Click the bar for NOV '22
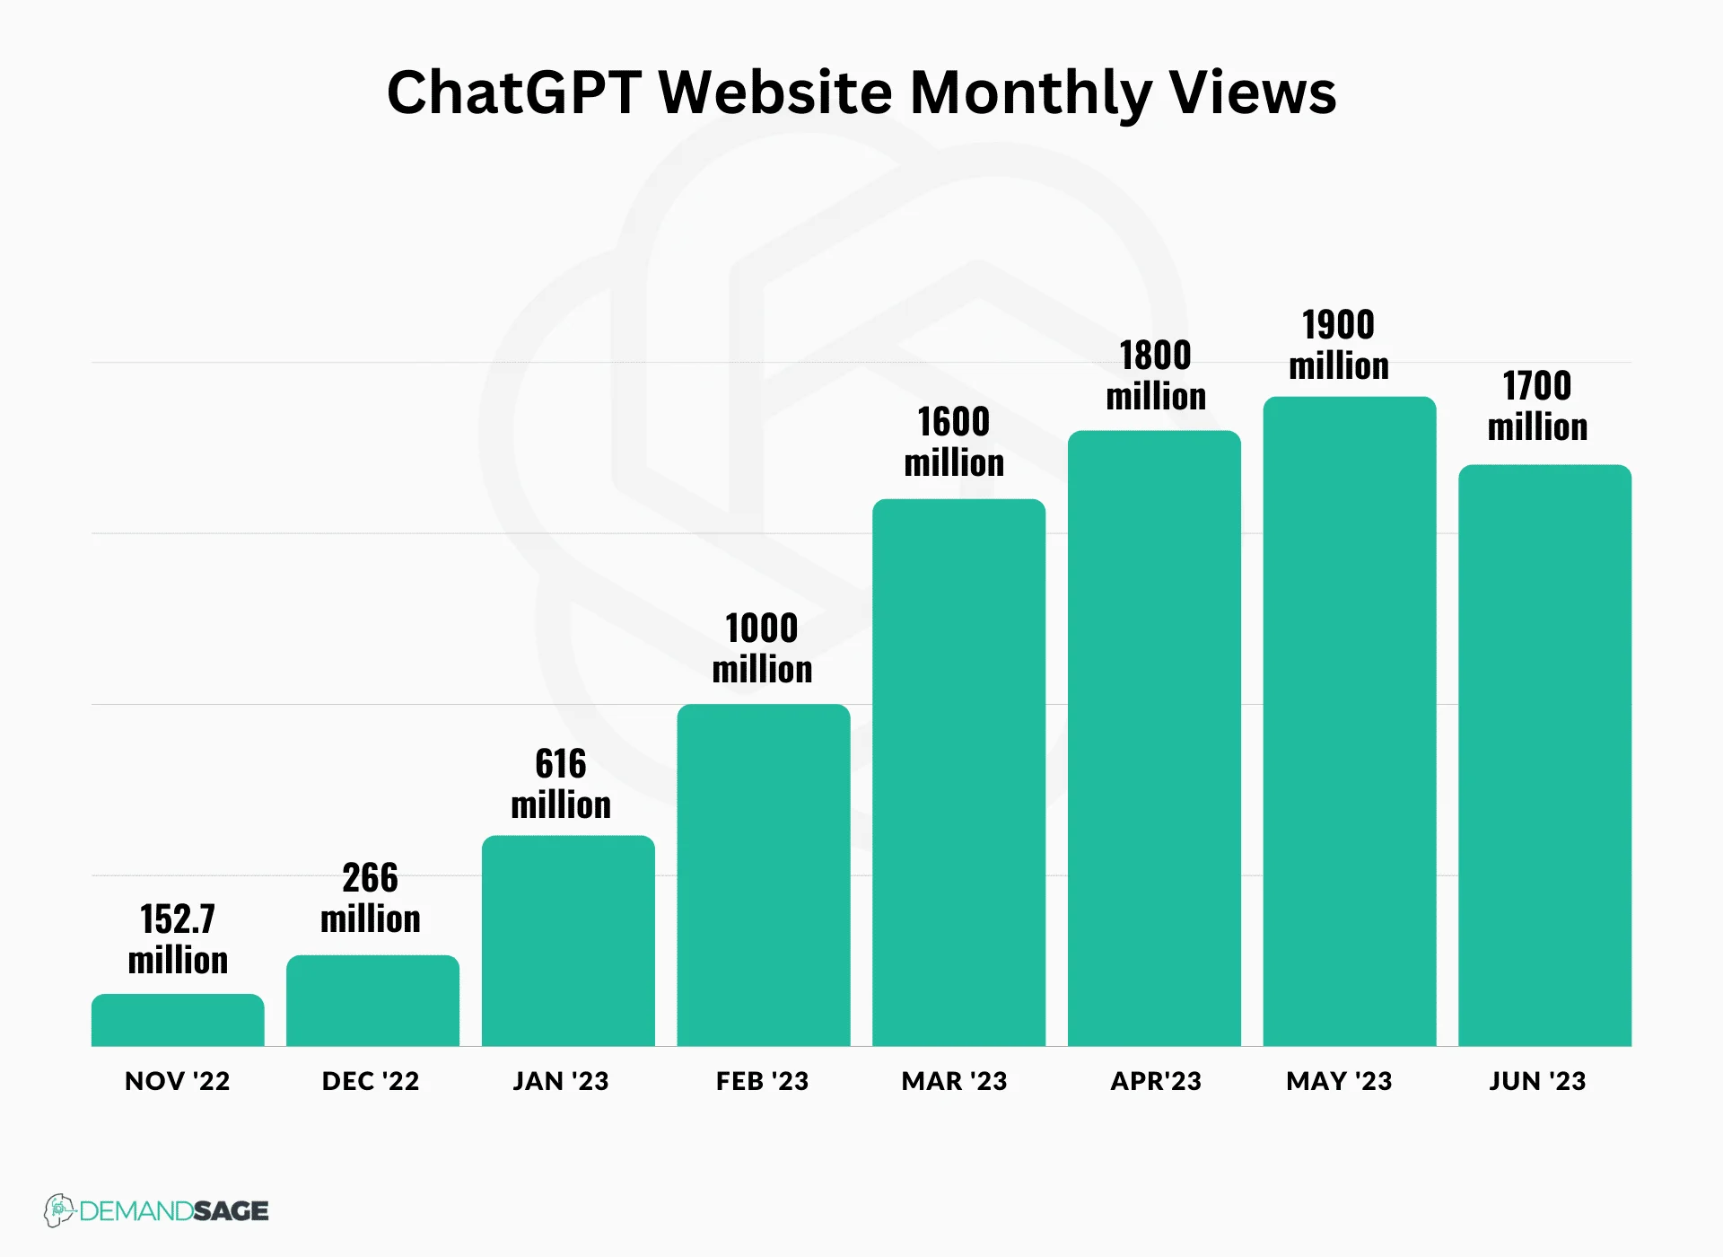pos(178,1021)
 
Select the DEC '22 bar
pos(372,1001)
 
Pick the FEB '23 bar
pos(763,875)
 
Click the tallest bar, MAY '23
pos(1349,722)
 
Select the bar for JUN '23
pos(1544,755)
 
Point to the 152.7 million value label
pos(178,939)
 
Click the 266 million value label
pos(371,898)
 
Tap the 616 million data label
pos(561,784)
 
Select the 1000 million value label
pos(762,648)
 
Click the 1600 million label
pos(954,442)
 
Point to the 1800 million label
pos(1156,375)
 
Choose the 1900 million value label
pos(1339,345)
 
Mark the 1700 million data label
pos(1537,406)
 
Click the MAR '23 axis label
pos(954,1081)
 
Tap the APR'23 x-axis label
pos(1156,1081)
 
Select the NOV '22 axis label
pos(178,1081)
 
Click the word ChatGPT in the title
pos(514,92)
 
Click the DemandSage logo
pos(157,1210)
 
